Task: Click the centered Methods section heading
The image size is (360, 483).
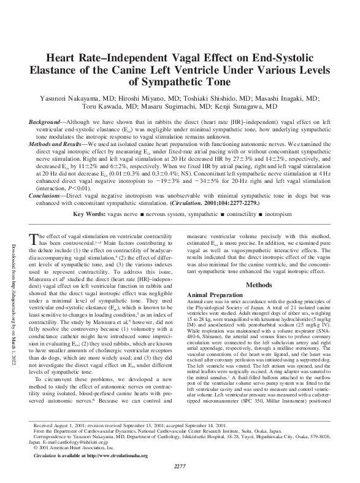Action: [x=259, y=285]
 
